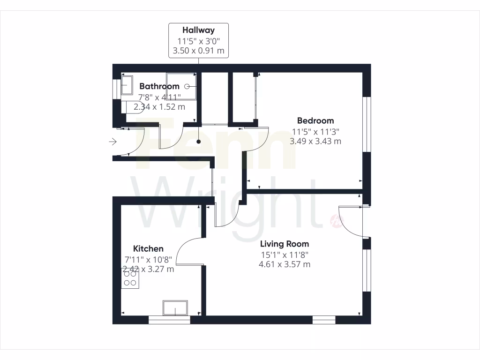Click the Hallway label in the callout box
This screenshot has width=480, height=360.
click(x=199, y=30)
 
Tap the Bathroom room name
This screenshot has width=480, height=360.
click(x=159, y=86)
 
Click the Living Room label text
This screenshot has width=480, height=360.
click(x=285, y=244)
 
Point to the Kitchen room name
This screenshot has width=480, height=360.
click(x=148, y=248)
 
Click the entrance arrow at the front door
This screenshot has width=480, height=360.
click(x=113, y=141)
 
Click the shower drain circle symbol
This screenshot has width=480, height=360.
click(x=187, y=86)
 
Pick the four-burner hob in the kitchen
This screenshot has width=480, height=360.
click(x=130, y=278)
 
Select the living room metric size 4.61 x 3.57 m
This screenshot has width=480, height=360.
click(x=285, y=264)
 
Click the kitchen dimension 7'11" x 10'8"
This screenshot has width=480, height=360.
click(x=148, y=259)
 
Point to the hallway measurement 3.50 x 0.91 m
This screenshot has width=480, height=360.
click(x=199, y=50)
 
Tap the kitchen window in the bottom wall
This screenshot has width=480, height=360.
click(x=169, y=320)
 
